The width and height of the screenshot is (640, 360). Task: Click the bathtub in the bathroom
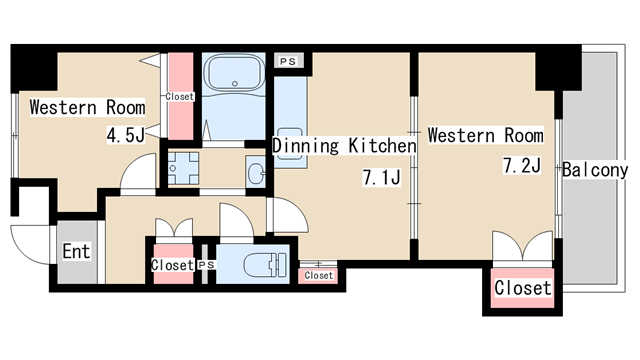(234, 73)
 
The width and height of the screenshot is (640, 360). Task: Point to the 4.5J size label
(126, 135)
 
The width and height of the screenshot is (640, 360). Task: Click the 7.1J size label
(382, 178)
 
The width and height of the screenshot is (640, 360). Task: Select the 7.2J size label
(522, 166)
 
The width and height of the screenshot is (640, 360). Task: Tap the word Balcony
(595, 170)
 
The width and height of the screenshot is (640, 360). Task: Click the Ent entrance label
(76, 251)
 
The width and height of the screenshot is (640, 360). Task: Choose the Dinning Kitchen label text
(344, 146)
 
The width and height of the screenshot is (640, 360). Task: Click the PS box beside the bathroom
(288, 62)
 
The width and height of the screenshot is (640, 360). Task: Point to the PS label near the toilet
(206, 265)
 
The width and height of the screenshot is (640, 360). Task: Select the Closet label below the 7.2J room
(522, 288)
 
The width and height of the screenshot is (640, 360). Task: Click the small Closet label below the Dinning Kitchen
(319, 276)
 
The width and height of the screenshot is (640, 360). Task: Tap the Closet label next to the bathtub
(180, 97)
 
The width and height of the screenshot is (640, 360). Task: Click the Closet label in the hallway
(172, 265)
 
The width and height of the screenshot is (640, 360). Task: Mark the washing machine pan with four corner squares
(184, 168)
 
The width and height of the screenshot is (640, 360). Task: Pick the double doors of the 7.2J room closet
(522, 246)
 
